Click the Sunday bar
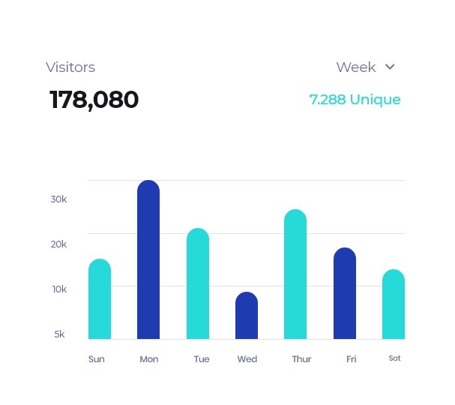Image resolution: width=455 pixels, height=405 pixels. (100, 299)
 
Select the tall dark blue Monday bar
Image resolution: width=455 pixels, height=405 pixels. (148, 259)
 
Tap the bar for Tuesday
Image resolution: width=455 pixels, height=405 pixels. (198, 283)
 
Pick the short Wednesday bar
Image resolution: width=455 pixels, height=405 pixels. (247, 316)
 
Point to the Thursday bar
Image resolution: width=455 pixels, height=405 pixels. (295, 274)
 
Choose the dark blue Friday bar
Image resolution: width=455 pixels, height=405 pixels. (345, 293)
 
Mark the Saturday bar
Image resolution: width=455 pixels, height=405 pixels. (394, 304)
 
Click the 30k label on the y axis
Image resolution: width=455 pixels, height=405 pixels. (58, 199)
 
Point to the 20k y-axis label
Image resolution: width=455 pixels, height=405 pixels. (58, 244)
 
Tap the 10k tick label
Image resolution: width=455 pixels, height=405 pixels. (58, 289)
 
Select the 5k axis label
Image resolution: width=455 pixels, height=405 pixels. (59, 334)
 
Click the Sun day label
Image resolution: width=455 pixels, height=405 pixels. (97, 359)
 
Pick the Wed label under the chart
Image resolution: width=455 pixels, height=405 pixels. (247, 359)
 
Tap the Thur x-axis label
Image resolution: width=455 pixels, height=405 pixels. (301, 359)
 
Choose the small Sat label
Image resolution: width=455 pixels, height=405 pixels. (394, 358)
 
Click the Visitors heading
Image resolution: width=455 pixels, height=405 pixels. (70, 67)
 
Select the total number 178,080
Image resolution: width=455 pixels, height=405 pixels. (94, 100)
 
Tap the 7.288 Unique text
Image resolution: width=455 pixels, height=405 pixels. (355, 100)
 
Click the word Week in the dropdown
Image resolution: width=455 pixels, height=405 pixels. (356, 67)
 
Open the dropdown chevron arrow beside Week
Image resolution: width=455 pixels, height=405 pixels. (390, 67)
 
